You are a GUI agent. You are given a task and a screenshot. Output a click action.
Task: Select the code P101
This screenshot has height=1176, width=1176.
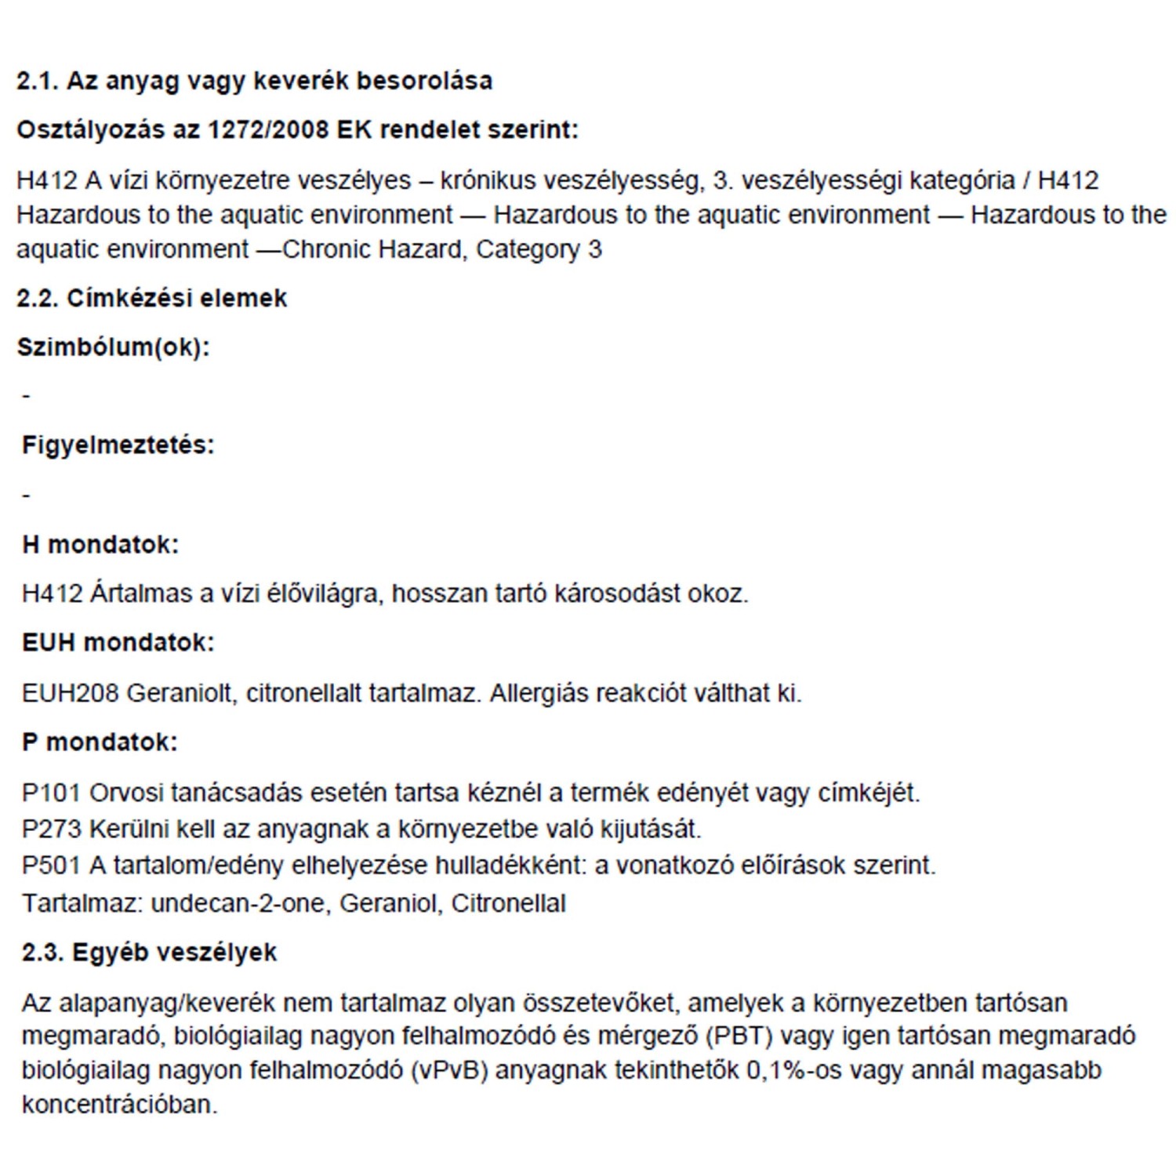coord(51,793)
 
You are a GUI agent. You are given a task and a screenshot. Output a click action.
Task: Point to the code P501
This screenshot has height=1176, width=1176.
coord(51,866)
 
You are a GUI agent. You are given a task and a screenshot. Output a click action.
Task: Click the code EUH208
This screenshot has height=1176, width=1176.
coord(70,693)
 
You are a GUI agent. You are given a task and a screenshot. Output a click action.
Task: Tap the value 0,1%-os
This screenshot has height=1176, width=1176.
coord(793,1070)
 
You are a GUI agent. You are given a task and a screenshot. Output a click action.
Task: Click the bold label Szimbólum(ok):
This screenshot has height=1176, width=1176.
coord(114,347)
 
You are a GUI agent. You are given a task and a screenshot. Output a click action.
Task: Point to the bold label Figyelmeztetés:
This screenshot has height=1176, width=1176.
coord(118,445)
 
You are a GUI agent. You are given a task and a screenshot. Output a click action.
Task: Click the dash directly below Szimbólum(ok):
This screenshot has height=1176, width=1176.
coord(26,396)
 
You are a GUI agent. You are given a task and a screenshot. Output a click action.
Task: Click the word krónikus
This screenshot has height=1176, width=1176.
coord(488,180)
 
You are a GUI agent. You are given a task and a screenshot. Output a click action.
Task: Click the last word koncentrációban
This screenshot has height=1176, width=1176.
coord(119,1105)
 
